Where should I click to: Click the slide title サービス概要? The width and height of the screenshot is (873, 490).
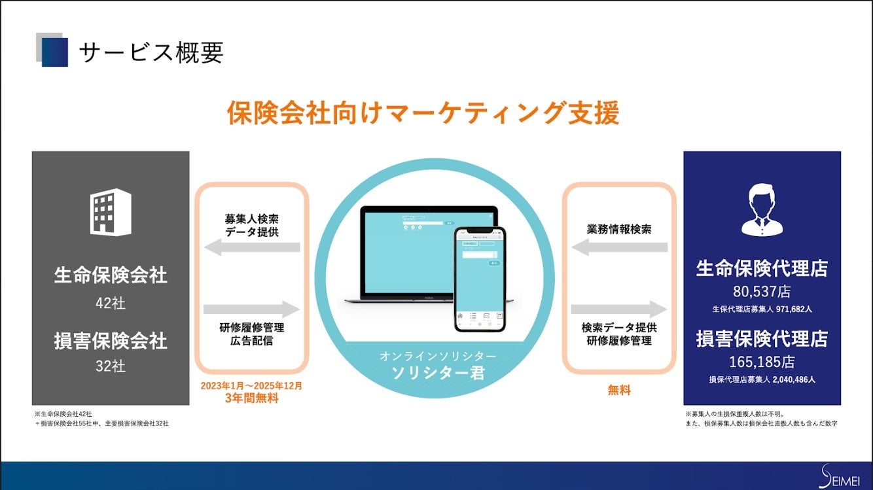click(151, 52)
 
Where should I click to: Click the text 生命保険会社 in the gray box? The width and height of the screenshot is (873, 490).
click(111, 275)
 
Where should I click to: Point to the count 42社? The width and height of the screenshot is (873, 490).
click(111, 304)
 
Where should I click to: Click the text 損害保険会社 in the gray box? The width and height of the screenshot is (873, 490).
click(111, 341)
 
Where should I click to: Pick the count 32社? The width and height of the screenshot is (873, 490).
click(111, 366)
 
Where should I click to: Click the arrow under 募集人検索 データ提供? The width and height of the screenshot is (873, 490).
click(252, 247)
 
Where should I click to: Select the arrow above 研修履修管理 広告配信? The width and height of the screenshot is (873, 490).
click(252, 309)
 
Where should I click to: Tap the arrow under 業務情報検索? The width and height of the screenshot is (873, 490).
click(619, 247)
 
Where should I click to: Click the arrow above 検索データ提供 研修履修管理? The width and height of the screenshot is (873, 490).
click(619, 309)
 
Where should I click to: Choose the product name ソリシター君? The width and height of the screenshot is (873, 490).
click(438, 374)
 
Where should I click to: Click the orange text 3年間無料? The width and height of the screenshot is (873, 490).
click(252, 398)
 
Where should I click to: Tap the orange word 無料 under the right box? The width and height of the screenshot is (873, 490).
click(619, 391)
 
